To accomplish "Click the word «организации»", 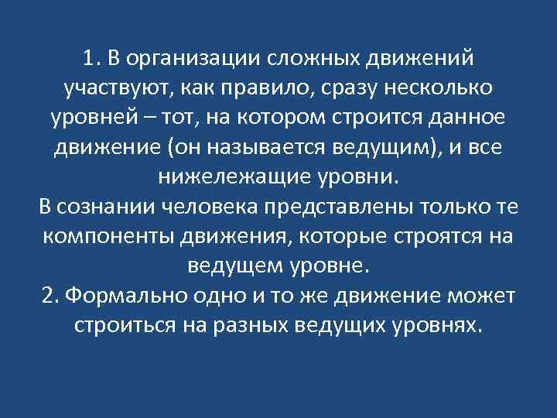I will (x=194, y=60).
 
